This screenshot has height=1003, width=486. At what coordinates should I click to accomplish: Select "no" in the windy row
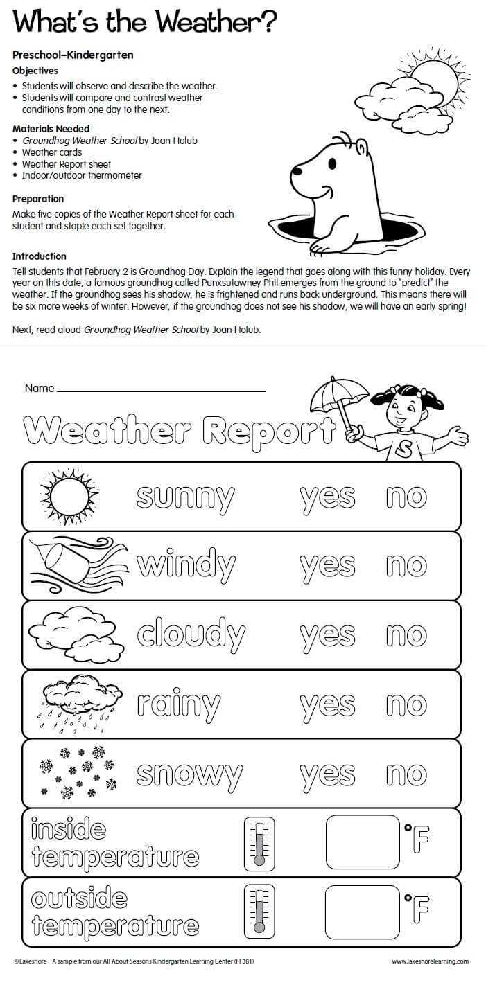[x=406, y=566]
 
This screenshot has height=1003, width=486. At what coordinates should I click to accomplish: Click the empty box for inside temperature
[x=363, y=842]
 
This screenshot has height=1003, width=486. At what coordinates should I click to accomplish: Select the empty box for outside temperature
[x=362, y=912]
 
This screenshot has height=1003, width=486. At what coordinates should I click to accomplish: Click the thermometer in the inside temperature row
[x=259, y=843]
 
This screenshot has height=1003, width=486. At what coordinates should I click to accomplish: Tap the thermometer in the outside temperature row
[x=259, y=912]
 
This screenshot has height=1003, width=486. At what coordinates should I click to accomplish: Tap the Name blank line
[x=162, y=390]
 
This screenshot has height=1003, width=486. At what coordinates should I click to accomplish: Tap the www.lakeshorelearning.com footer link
[x=430, y=961]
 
